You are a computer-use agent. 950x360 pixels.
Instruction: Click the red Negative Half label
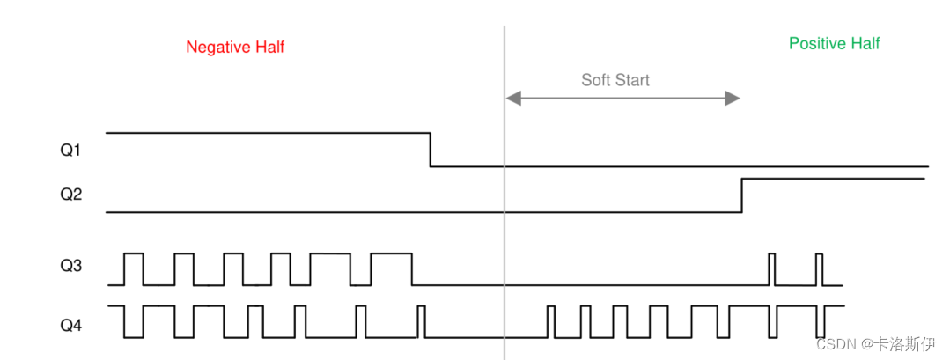click(235, 48)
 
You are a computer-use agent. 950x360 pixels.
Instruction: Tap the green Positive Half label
click(834, 43)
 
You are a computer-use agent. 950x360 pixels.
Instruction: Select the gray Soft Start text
click(615, 80)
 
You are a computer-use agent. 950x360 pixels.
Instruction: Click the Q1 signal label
click(70, 151)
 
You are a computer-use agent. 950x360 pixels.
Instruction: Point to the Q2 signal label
click(70, 194)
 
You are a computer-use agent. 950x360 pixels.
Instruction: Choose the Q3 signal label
click(70, 264)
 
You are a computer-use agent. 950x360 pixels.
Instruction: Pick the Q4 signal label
click(70, 325)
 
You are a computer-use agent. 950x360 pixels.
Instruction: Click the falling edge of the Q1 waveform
click(431, 150)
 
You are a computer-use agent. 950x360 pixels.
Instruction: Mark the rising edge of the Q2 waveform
click(742, 195)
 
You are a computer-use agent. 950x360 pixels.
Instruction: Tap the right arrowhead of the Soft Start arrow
click(732, 98)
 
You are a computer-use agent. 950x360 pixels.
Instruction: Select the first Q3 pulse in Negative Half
click(134, 268)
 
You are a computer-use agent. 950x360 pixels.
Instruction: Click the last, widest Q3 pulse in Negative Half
click(391, 268)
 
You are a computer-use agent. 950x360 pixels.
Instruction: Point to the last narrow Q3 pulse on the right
click(819, 268)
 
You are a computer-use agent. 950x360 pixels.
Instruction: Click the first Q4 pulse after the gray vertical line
click(550, 321)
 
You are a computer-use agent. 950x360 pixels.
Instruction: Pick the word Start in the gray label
click(631, 80)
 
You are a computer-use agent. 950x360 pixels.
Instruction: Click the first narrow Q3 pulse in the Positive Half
click(772, 268)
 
